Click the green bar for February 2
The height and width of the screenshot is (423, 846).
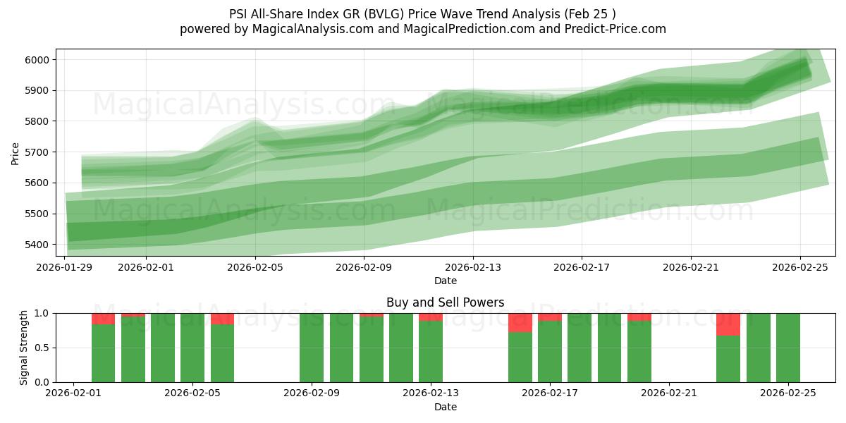tap(104, 352)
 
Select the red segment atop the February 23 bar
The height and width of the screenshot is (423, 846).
tap(728, 324)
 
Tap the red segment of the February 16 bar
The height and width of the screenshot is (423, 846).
tap(520, 323)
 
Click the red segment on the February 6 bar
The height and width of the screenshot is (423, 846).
tap(222, 319)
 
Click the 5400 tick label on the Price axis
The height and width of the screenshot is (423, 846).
tap(36, 245)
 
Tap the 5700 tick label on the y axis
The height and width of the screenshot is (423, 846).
tap(36, 152)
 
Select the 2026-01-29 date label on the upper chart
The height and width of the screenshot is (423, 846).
tap(65, 267)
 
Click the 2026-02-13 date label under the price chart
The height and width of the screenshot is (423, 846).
tap(473, 267)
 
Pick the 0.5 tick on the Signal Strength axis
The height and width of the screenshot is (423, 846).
tap(42, 348)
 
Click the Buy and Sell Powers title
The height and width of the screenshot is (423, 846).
tap(445, 302)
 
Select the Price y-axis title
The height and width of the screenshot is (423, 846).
tap(15, 152)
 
